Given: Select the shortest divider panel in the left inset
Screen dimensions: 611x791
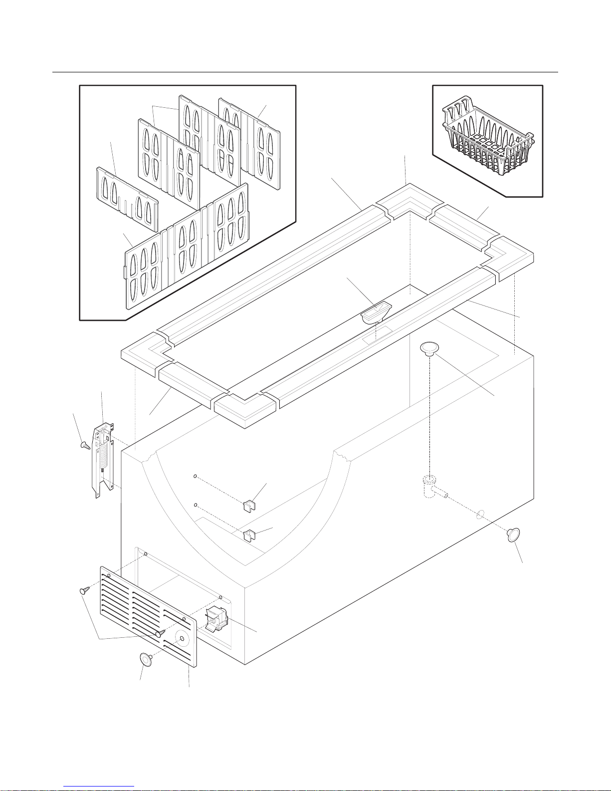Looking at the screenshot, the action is [x=127, y=195].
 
